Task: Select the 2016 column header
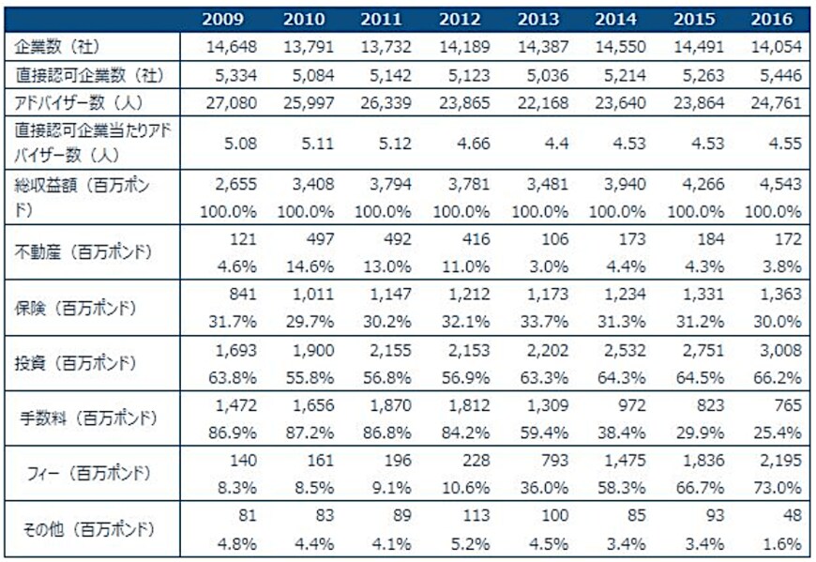(x=772, y=19)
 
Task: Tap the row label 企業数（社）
(x=56, y=46)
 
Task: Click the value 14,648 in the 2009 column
(x=232, y=46)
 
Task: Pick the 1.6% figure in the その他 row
(x=784, y=544)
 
